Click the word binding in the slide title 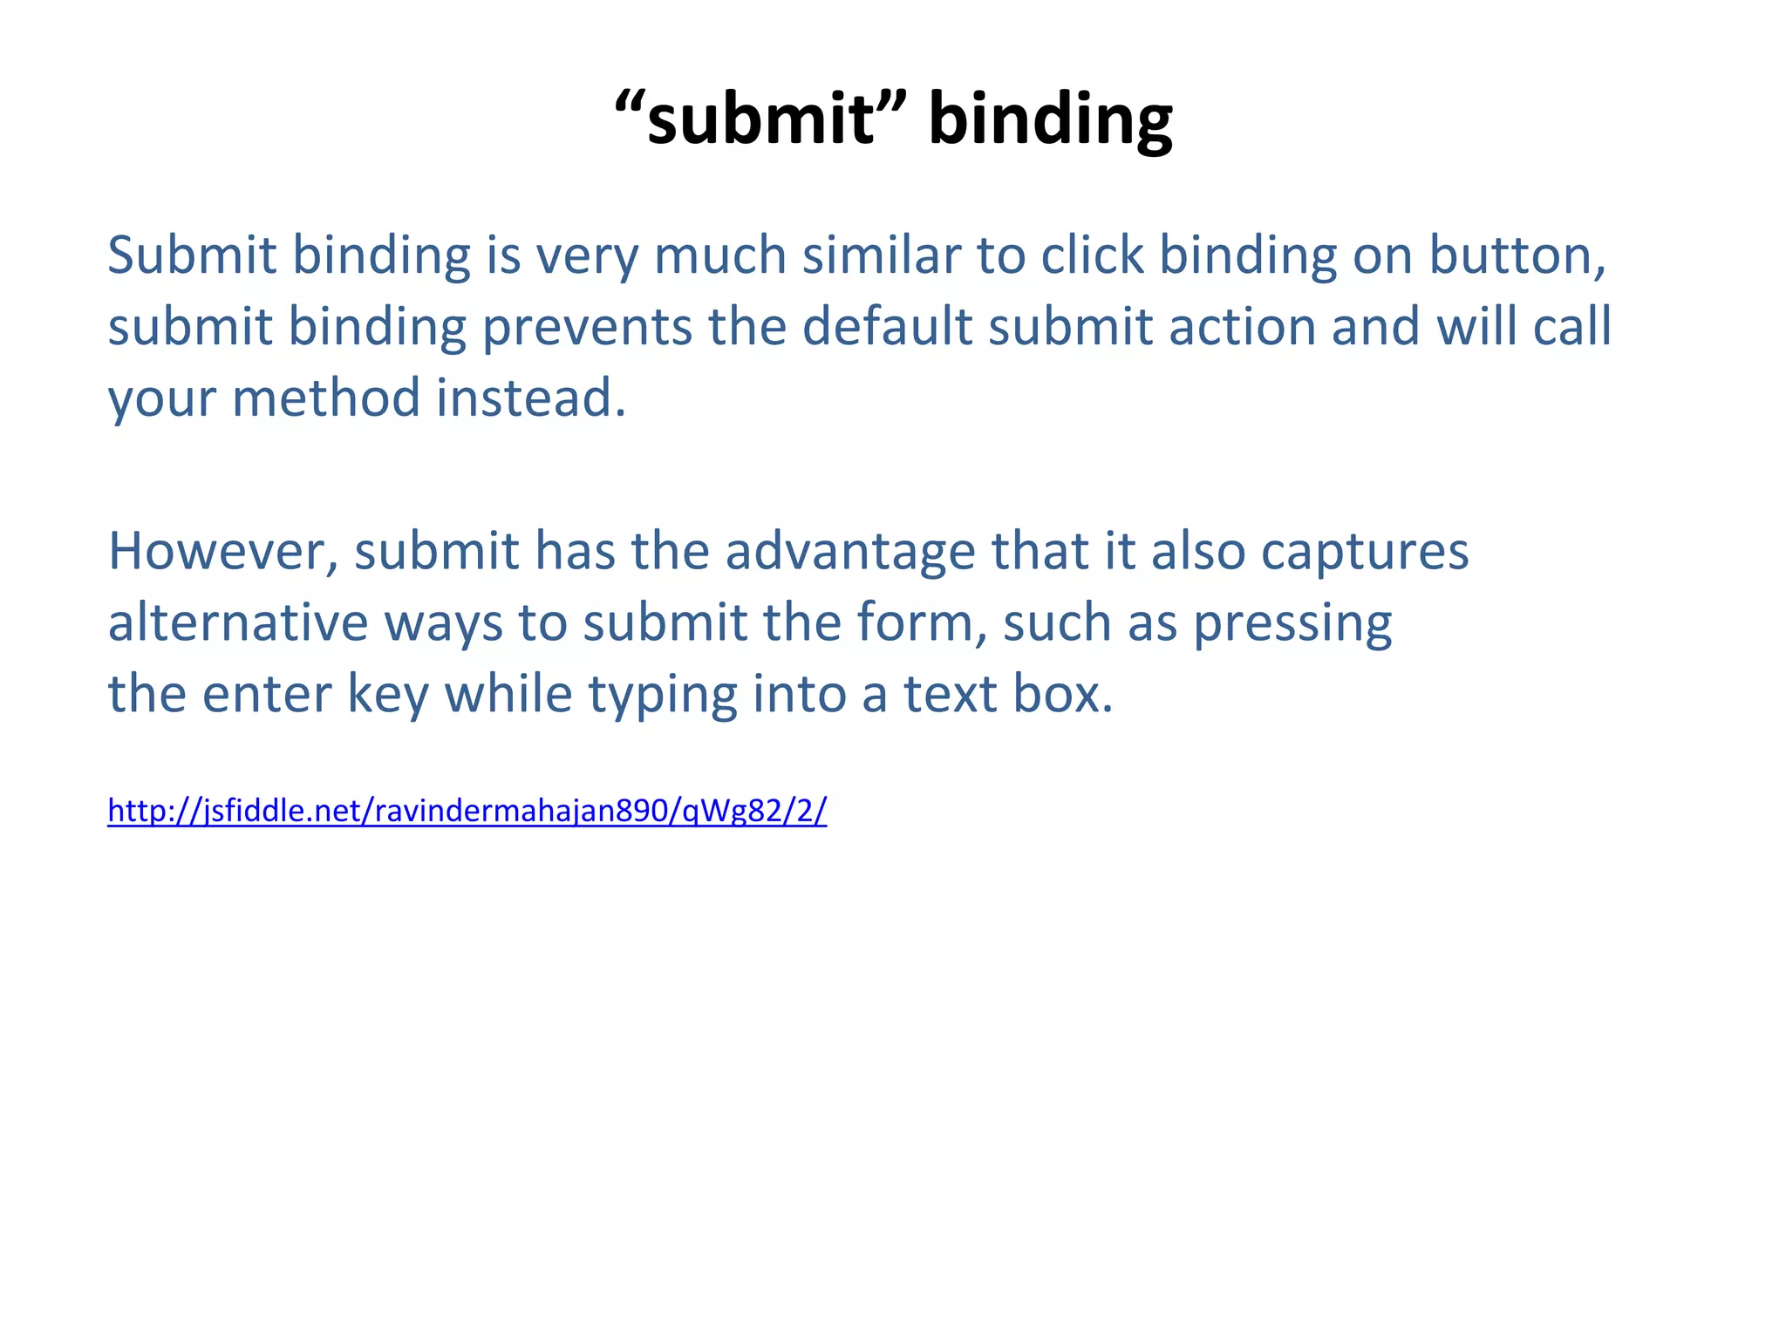click(1050, 119)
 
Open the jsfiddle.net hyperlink click(467, 811)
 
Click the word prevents click(586, 327)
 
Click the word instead click(530, 398)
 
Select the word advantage click(849, 552)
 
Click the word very click(587, 257)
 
